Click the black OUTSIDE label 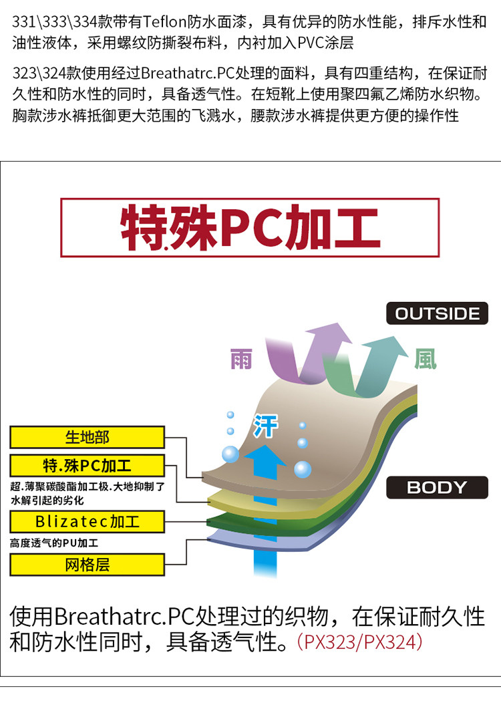click(x=437, y=313)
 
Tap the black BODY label click(x=437, y=487)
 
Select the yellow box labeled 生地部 click(x=87, y=438)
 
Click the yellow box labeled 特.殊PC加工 click(x=87, y=465)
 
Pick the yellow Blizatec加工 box click(x=87, y=521)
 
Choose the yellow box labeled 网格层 click(x=87, y=565)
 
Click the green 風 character click(x=425, y=359)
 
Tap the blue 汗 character click(x=265, y=426)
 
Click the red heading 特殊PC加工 click(x=250, y=228)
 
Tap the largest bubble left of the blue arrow click(x=230, y=454)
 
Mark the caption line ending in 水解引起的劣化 click(x=47, y=500)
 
